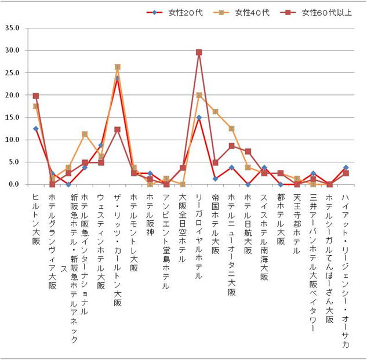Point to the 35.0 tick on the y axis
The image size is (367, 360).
click(12, 28)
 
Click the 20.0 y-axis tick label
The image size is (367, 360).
click(12, 95)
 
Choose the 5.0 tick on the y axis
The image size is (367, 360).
click(14, 162)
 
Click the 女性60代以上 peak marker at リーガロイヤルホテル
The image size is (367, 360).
click(199, 52)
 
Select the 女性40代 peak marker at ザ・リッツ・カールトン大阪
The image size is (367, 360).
click(118, 67)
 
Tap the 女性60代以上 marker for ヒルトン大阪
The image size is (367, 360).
click(36, 96)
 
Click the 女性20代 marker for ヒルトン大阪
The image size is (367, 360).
click(36, 129)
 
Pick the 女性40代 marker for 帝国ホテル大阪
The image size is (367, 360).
click(215, 111)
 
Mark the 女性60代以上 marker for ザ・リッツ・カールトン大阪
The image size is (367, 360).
click(118, 129)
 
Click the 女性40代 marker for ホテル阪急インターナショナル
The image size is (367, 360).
click(85, 134)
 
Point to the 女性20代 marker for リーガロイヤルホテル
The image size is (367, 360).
click(199, 118)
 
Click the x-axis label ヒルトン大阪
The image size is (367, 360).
click(36, 217)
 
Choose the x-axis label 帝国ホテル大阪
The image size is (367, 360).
click(215, 223)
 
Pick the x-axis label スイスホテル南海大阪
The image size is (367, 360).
click(264, 238)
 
